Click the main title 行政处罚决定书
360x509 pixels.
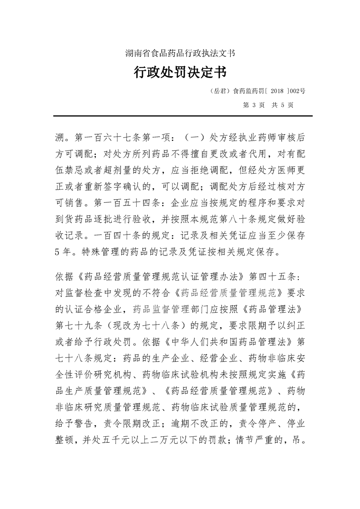(x=180, y=72)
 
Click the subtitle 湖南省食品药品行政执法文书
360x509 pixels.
(x=180, y=54)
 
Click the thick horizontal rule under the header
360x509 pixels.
(x=180, y=116)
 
